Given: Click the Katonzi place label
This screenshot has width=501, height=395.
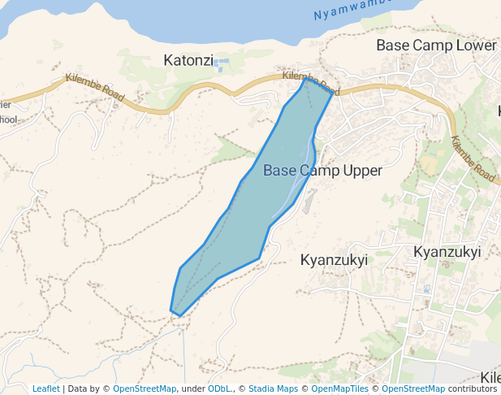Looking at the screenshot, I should point(188,60).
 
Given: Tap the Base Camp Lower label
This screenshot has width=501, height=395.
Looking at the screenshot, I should point(435,46).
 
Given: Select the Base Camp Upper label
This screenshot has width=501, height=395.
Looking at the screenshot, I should point(322,171).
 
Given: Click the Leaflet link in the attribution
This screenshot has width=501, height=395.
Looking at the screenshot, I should point(45,389).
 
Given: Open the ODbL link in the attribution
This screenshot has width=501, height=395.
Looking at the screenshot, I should point(218,389).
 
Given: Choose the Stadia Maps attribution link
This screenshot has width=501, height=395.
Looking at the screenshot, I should point(273,389).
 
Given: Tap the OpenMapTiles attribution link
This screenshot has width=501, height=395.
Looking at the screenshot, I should point(335,389).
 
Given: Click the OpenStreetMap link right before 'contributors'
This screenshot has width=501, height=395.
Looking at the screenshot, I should point(413,389).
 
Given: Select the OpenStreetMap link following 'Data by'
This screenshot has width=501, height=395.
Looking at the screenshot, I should point(145,389).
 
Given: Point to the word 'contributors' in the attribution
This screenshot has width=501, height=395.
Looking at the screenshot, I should point(472,389).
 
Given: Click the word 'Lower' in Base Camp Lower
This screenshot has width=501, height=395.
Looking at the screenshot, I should point(476,46).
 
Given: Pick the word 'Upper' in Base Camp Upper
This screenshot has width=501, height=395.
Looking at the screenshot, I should point(362,171).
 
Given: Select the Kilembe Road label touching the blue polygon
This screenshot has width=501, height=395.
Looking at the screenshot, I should point(310,82).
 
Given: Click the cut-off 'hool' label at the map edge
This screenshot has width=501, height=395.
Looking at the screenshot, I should point(7,120).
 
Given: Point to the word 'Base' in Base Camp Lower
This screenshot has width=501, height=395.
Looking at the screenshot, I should point(392,46).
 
